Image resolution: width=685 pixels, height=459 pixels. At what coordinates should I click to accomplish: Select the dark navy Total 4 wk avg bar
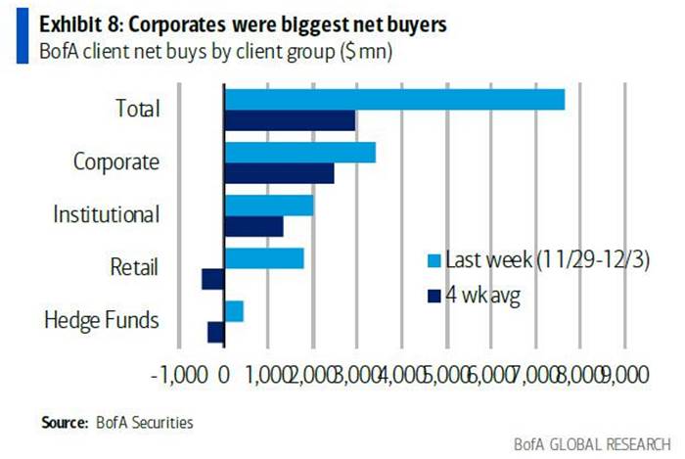click(290, 120)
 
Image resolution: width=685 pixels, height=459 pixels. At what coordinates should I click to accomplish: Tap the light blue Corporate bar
click(300, 152)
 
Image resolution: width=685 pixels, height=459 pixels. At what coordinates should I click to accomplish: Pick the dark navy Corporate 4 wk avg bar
click(280, 173)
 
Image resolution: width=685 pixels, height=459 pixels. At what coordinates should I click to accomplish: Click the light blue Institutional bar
click(269, 205)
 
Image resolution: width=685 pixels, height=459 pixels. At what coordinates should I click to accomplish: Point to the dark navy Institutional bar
click(254, 226)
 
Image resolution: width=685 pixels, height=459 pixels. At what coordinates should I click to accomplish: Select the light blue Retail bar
click(264, 257)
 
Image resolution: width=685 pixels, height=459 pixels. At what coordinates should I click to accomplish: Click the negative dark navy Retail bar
click(213, 279)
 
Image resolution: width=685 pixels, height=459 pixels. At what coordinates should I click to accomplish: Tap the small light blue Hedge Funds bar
click(234, 310)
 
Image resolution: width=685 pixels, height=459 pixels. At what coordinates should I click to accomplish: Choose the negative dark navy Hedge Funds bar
click(216, 332)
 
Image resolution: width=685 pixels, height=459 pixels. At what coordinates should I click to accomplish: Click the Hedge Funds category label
click(102, 320)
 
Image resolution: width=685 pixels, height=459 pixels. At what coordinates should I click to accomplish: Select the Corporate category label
click(116, 161)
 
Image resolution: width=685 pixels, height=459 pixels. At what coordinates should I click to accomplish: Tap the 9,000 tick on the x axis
click(624, 374)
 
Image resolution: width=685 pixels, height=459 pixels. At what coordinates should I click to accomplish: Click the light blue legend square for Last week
click(432, 261)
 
